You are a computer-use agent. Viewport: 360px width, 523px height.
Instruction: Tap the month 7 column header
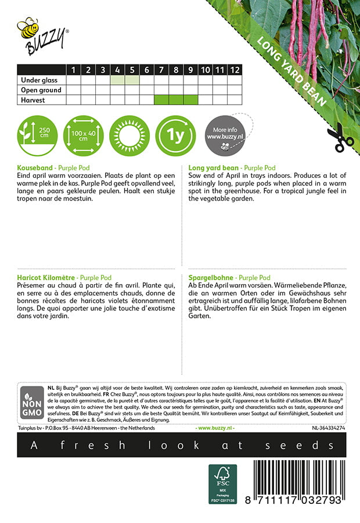pyautogui.click(x=161, y=70)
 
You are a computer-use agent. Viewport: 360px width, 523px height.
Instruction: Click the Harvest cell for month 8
pyautogui.click(x=176, y=100)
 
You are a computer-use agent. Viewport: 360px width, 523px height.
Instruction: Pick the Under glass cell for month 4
pyautogui.click(x=117, y=80)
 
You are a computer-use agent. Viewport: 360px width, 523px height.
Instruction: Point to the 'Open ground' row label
pyautogui.click(x=41, y=90)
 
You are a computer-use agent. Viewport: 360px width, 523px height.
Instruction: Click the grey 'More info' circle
pyautogui.click(x=226, y=135)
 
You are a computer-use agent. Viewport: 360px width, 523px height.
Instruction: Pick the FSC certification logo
pyautogui.click(x=223, y=483)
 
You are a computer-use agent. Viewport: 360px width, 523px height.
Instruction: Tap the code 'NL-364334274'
pyautogui.click(x=328, y=428)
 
